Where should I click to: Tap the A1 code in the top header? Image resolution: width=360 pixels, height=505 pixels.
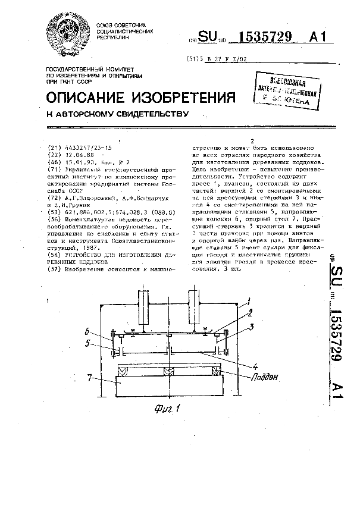[318, 37]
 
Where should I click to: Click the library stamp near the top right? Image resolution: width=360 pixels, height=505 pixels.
[287, 91]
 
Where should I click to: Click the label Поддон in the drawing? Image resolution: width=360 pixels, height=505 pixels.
[262, 377]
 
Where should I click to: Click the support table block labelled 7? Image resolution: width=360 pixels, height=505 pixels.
[169, 385]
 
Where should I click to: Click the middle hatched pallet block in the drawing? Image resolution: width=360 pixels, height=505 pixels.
[168, 372]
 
